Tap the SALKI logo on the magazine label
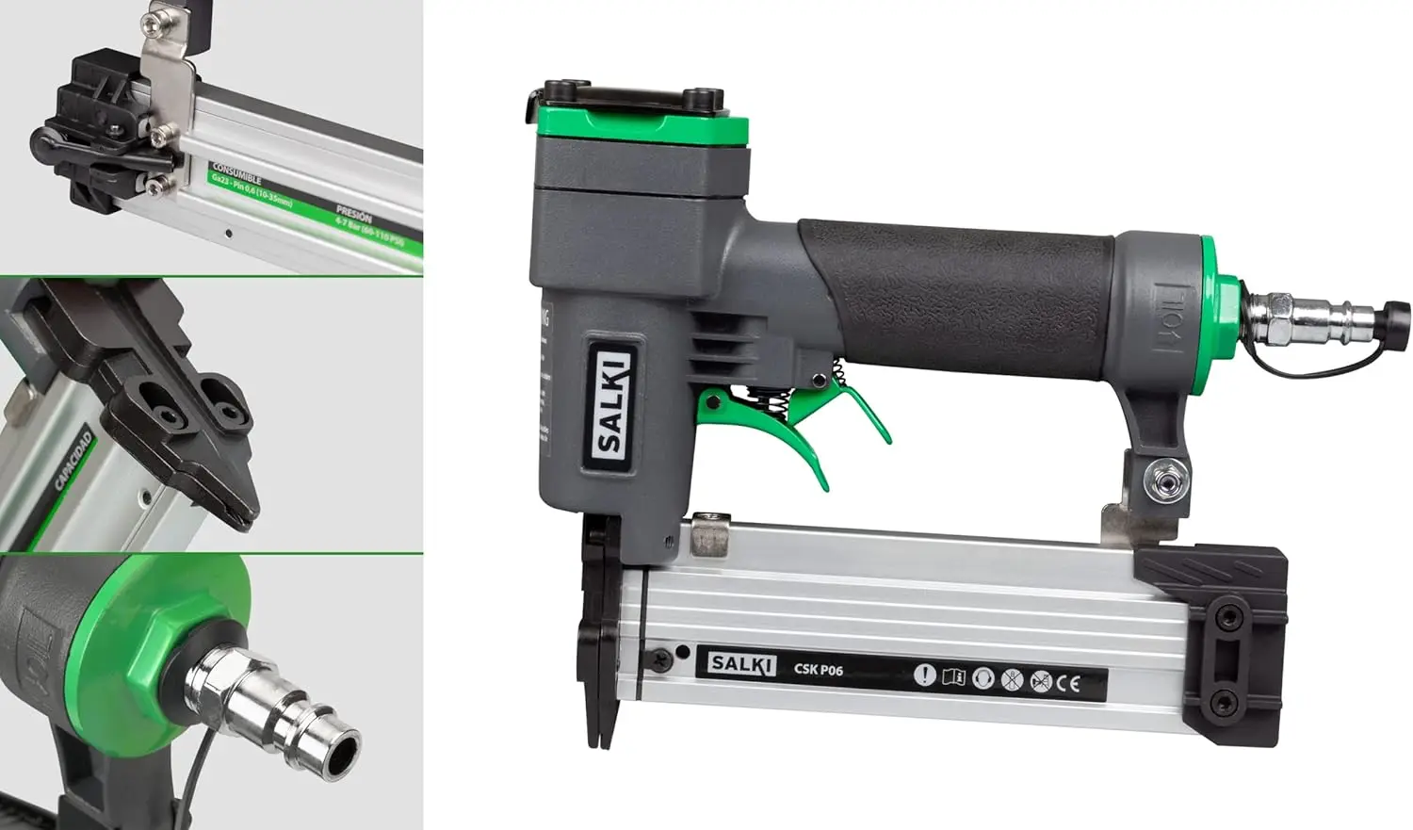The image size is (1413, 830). [x=742, y=663]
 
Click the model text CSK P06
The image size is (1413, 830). [x=818, y=670]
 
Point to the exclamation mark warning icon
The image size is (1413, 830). [x=925, y=675]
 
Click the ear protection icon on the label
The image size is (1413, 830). [x=983, y=677]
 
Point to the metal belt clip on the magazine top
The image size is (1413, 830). [x=712, y=533]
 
